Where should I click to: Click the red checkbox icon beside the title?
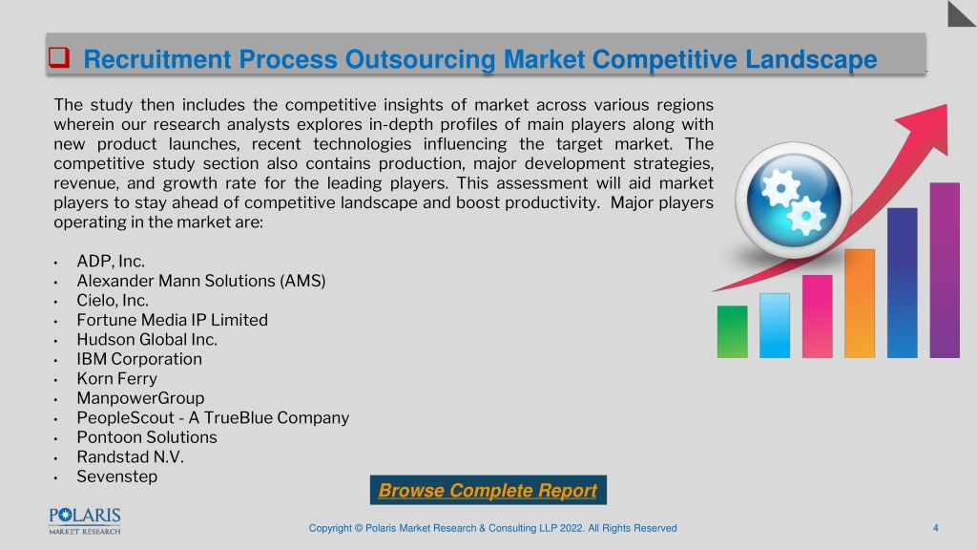pyautogui.click(x=59, y=57)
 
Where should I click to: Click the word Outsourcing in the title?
pyautogui.click(x=420, y=60)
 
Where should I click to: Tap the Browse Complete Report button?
pyautogui.click(x=488, y=490)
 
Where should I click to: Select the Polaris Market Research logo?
pyautogui.click(x=85, y=521)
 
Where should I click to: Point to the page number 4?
pyautogui.click(x=935, y=528)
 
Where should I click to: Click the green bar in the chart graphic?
pyautogui.click(x=732, y=331)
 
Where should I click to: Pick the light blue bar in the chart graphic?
pyautogui.click(x=775, y=326)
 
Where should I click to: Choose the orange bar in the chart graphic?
pyautogui.click(x=860, y=304)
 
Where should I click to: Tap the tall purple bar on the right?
pyautogui.click(x=945, y=270)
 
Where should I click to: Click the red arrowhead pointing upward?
pyautogui.click(x=928, y=127)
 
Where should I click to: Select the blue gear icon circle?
pyautogui.click(x=793, y=201)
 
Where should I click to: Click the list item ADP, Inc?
pyautogui.click(x=111, y=262)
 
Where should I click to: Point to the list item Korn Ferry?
pyautogui.click(x=117, y=378)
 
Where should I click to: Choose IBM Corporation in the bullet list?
pyautogui.click(x=139, y=359)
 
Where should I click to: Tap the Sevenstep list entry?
pyautogui.click(x=117, y=476)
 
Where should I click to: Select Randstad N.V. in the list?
pyautogui.click(x=130, y=457)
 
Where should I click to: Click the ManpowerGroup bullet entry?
pyautogui.click(x=141, y=398)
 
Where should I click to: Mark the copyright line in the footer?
pyautogui.click(x=493, y=528)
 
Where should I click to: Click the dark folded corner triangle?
pyautogui.click(x=962, y=13)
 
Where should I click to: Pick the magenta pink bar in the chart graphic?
pyautogui.click(x=817, y=316)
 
